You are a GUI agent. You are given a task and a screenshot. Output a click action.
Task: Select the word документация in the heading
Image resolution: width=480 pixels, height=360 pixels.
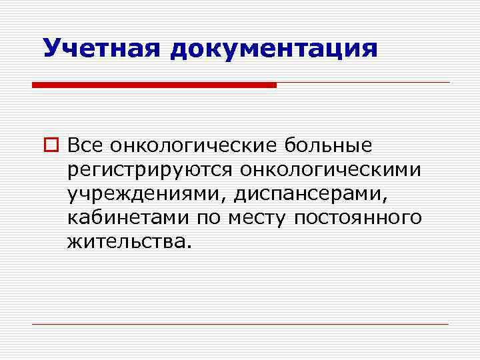[x=273, y=48]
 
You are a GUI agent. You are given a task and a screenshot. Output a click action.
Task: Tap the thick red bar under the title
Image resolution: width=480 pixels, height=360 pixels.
[x=154, y=85]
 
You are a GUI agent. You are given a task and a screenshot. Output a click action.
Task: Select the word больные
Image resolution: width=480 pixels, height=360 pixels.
[x=329, y=145]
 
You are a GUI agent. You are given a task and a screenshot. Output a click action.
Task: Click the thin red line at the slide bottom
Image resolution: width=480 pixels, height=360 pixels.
[x=240, y=324]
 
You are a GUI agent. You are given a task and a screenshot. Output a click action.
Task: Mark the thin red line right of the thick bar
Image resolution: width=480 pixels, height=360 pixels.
[x=363, y=83]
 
